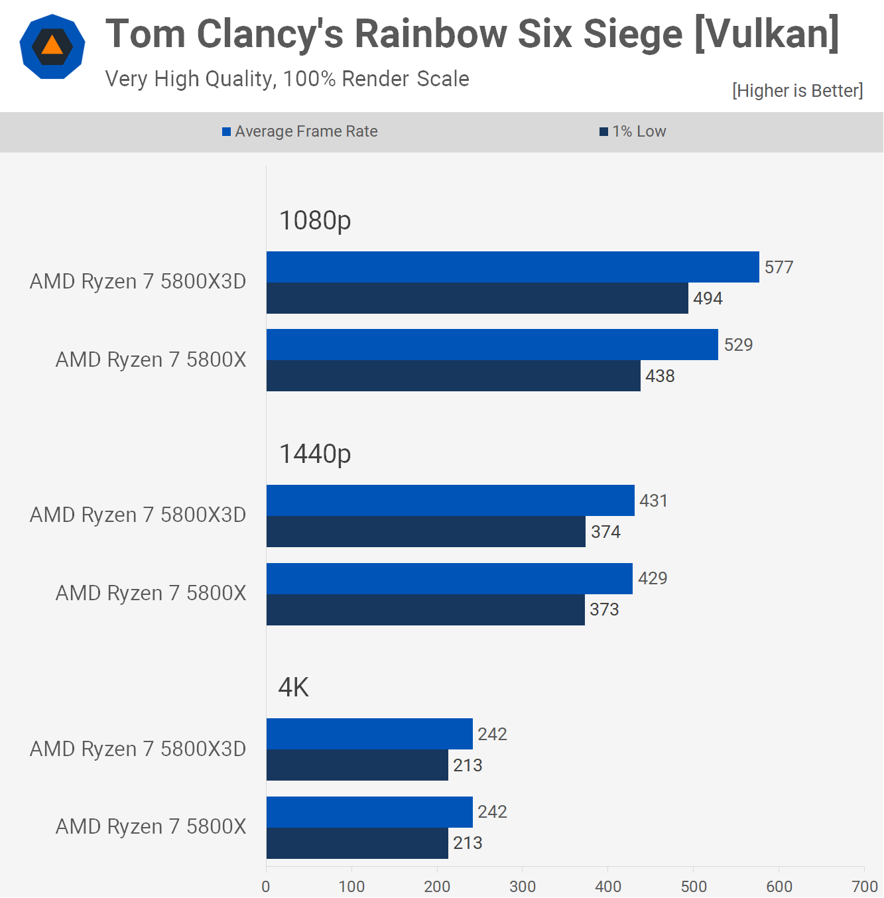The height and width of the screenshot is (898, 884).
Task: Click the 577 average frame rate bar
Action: click(513, 267)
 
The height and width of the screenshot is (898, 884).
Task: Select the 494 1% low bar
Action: click(477, 298)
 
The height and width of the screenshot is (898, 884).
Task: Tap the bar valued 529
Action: click(492, 344)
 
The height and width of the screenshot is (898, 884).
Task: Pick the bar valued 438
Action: click(453, 375)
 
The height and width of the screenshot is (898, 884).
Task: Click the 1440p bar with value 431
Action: click(450, 500)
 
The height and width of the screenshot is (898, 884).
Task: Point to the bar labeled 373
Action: click(425, 609)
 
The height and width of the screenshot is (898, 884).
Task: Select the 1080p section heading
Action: click(315, 220)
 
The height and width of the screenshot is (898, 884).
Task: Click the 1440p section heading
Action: click(315, 454)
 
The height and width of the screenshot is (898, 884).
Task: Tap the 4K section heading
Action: click(294, 687)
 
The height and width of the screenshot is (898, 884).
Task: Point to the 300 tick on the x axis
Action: click(523, 886)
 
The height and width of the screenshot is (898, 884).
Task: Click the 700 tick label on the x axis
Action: click(864, 886)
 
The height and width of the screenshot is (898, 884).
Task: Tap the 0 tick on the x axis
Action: click(266, 886)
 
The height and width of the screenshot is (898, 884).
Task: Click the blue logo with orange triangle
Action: click(52, 46)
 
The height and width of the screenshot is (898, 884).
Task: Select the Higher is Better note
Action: click(797, 90)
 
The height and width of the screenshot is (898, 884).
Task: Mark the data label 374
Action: click(605, 532)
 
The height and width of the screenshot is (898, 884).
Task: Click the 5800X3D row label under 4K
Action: click(138, 749)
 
